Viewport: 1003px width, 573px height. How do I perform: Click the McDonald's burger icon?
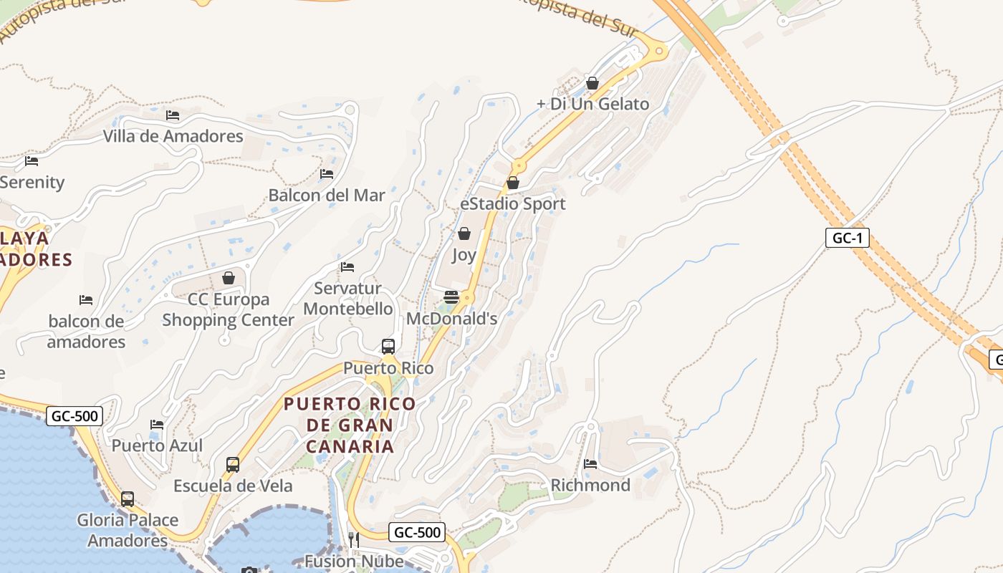click(451, 297)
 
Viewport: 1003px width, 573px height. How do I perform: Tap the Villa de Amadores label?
click(173, 136)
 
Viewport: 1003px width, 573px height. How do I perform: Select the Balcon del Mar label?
click(327, 195)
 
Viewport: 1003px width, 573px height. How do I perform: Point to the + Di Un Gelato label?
click(592, 104)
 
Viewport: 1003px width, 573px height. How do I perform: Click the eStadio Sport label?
click(513, 204)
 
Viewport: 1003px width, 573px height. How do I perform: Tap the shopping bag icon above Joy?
click(464, 233)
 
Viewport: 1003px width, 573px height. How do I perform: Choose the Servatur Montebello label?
click(348, 299)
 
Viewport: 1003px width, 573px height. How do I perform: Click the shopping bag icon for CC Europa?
click(229, 278)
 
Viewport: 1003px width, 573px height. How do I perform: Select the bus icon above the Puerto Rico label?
click(388, 347)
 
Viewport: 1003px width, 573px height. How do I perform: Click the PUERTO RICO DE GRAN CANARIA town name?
click(350, 425)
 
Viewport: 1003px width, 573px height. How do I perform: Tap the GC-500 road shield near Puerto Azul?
click(75, 415)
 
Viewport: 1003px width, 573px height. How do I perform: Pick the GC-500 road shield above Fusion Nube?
click(417, 532)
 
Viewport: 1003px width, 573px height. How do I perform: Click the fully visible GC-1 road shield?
click(848, 238)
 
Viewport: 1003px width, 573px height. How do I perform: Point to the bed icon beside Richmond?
click(590, 464)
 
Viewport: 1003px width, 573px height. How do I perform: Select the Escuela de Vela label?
click(233, 486)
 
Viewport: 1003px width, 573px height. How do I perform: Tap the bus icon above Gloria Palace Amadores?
click(128, 499)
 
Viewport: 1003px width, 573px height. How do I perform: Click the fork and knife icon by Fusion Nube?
click(353, 539)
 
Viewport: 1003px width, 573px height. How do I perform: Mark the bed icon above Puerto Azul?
click(157, 425)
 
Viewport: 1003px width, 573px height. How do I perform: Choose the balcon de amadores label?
click(87, 332)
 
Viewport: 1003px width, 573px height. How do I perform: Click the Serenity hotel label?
click(32, 183)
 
